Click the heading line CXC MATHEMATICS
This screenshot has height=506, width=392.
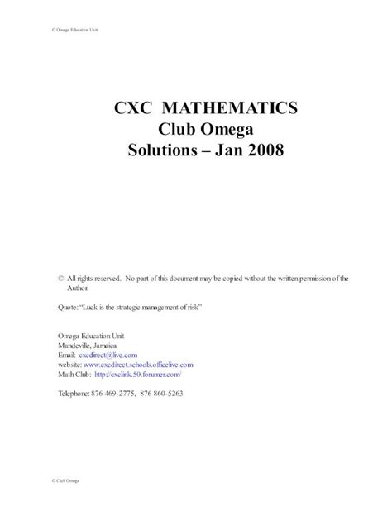tap(195, 108)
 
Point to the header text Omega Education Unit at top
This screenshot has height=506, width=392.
tap(65, 31)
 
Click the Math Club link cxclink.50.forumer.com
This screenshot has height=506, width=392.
tap(136, 373)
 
